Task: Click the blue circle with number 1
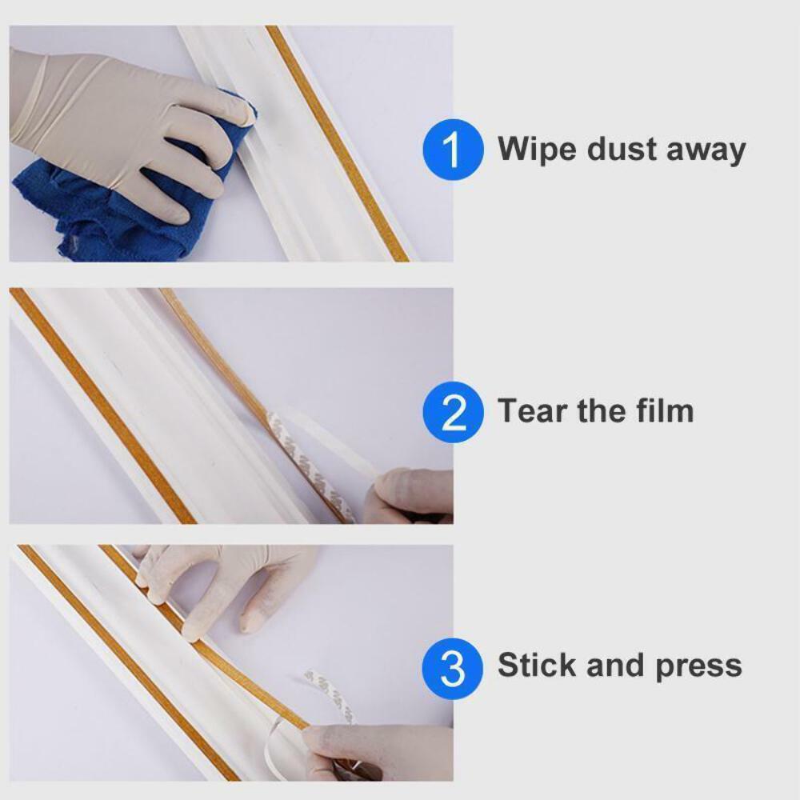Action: click(453, 150)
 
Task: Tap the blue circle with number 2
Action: click(453, 412)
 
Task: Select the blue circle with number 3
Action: click(453, 666)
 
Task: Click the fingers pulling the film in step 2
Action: click(412, 492)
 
